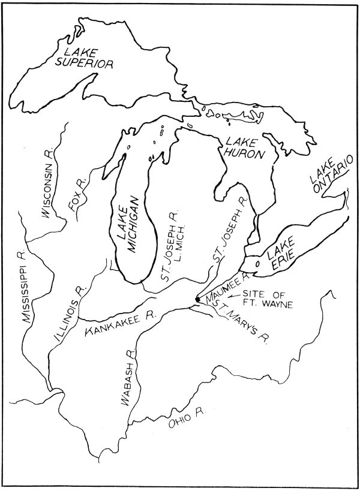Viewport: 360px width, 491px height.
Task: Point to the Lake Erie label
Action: point(279,258)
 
